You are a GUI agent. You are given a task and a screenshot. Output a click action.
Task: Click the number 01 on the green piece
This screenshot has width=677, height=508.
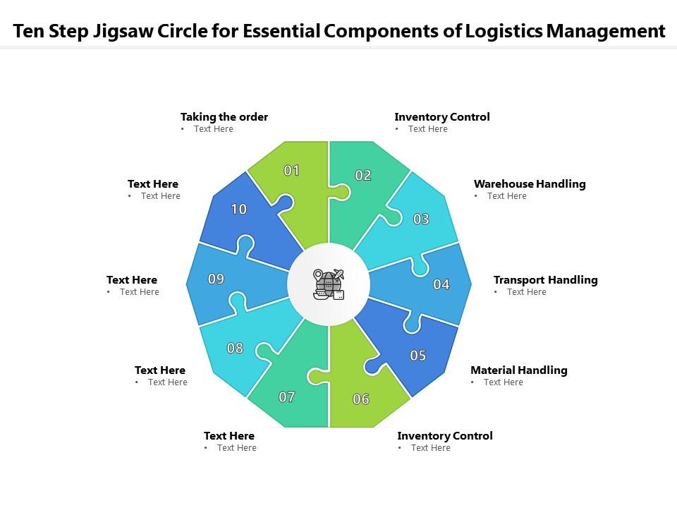(291, 170)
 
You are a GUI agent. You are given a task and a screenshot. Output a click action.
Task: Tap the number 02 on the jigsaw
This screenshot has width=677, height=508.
(363, 176)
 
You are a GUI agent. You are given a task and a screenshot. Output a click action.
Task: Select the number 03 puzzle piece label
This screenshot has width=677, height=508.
(421, 219)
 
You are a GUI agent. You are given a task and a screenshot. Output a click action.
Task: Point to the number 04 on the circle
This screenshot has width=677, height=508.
(441, 284)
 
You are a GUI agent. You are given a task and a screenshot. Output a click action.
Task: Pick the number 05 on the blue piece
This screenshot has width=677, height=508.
(418, 355)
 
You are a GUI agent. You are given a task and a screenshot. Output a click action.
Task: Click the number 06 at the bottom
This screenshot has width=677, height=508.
(361, 399)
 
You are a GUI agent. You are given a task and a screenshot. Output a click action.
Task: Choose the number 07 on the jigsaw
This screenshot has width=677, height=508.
(286, 397)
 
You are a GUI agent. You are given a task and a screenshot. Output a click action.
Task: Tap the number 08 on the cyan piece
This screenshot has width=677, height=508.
(235, 348)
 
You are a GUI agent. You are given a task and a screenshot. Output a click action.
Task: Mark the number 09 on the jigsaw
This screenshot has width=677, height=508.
(216, 279)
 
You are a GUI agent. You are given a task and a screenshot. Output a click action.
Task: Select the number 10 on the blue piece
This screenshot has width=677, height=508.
(239, 209)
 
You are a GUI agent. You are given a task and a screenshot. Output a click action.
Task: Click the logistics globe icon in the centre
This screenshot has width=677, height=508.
(329, 285)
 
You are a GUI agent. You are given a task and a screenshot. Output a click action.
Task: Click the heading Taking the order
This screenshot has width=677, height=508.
(224, 117)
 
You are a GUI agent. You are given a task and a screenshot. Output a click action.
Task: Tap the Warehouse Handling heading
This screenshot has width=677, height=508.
(530, 184)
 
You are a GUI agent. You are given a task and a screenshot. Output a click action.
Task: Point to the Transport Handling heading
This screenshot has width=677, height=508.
(545, 280)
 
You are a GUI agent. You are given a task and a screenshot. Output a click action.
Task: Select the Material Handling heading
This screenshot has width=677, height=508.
(518, 370)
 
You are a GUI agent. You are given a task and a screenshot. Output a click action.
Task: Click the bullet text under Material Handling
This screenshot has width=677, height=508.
(503, 382)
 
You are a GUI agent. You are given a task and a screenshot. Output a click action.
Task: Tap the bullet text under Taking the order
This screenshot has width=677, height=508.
(213, 129)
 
